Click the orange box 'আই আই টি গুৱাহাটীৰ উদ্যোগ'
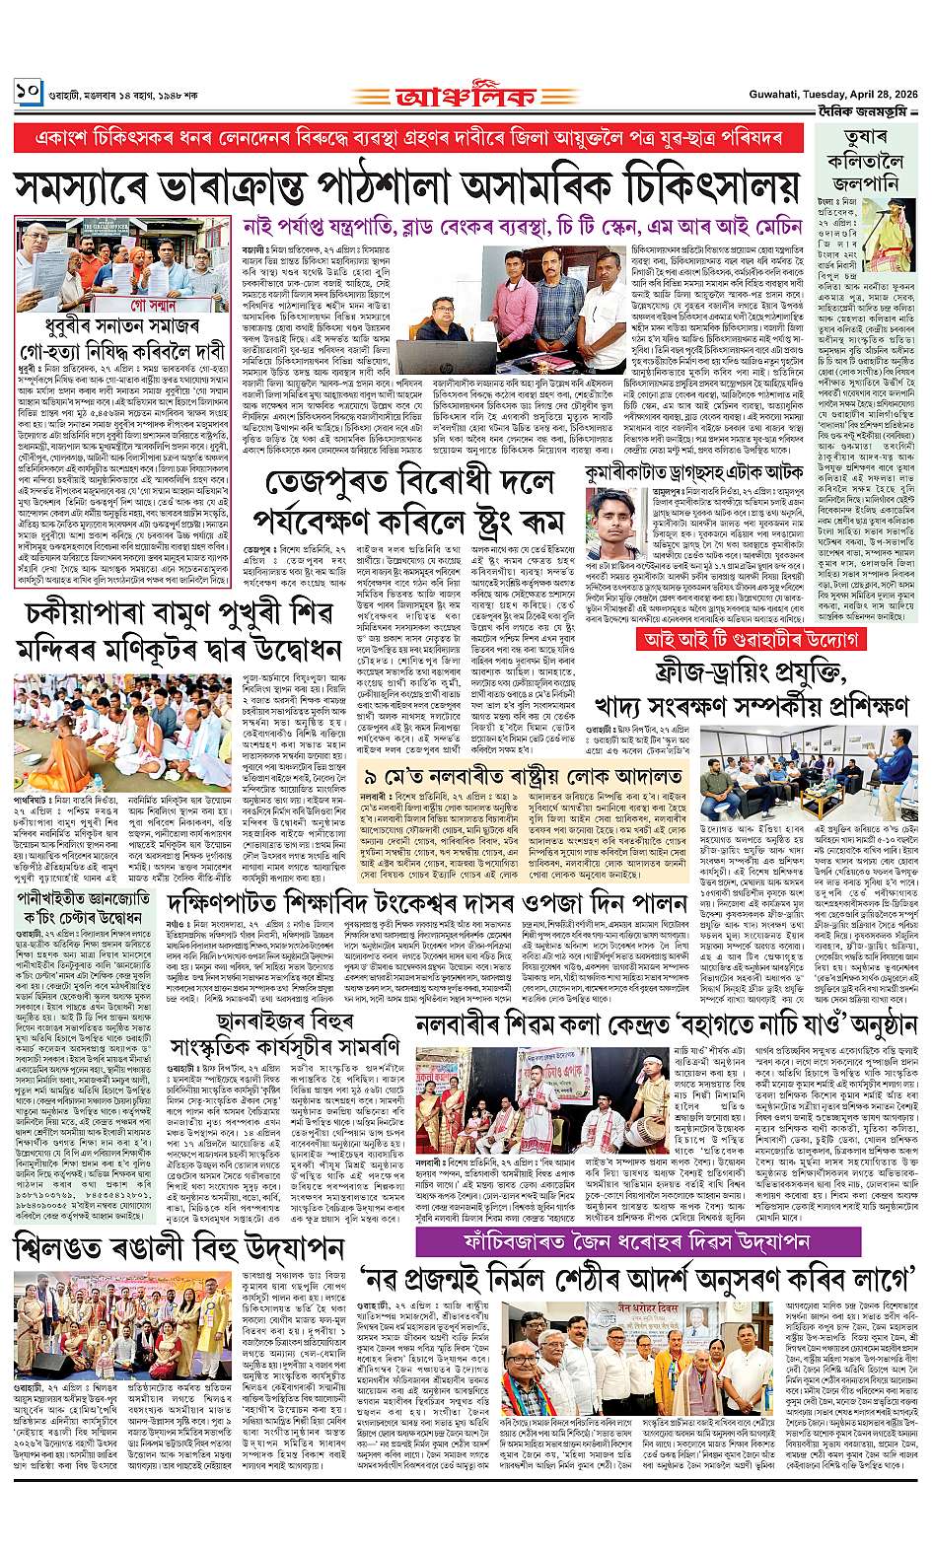[750, 639]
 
